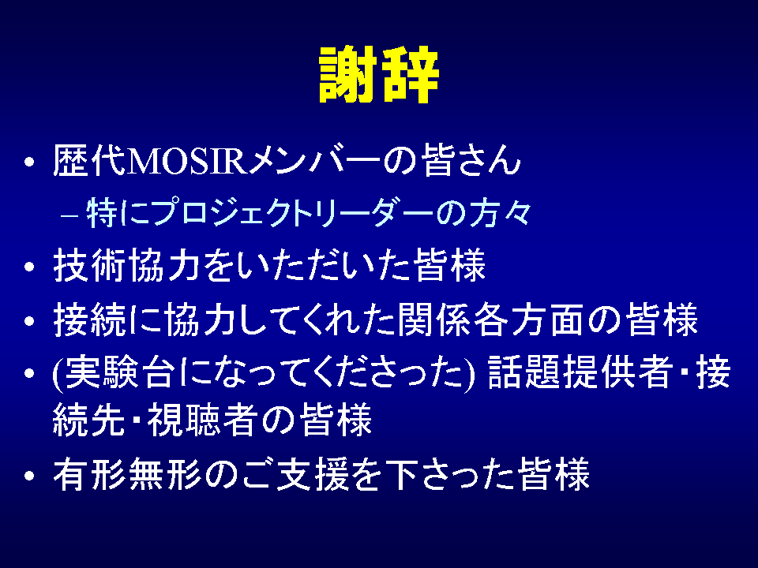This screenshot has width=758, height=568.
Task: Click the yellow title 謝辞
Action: (379, 74)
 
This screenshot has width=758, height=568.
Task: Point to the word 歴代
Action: (90, 160)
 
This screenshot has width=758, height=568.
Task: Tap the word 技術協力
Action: (126, 265)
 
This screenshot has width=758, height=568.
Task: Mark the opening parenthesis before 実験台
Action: (58, 373)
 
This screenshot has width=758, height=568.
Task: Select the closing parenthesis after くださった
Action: (469, 373)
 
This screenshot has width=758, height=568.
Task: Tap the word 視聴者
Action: (202, 419)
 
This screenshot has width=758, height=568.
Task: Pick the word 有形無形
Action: (126, 474)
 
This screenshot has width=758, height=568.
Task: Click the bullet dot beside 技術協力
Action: (29, 267)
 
